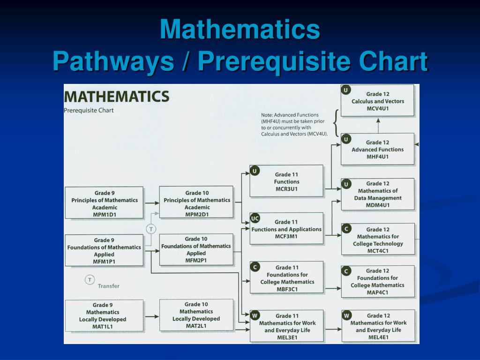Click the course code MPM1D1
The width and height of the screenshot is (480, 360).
(104, 215)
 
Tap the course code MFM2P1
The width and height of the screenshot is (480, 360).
(196, 261)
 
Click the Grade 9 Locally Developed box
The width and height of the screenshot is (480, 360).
(104, 315)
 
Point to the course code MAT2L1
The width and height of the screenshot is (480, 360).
(196, 326)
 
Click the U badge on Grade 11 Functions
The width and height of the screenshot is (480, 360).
(255, 171)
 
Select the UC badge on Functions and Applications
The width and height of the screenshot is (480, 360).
(255, 218)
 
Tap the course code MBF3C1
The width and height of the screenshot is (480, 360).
(287, 289)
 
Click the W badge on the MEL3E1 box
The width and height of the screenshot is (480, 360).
(255, 315)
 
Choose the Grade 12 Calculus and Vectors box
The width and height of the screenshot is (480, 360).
(377, 101)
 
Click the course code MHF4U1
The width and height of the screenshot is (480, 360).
(377, 157)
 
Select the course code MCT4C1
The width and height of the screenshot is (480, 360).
(378, 251)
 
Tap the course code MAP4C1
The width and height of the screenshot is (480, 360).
(378, 292)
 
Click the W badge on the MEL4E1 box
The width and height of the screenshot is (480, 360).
(347, 315)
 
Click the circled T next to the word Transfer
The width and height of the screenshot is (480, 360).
(90, 280)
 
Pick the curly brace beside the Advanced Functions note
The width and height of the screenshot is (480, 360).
(336, 124)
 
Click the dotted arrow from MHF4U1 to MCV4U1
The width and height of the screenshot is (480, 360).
(378, 125)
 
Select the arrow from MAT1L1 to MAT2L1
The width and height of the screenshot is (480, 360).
(151, 316)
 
